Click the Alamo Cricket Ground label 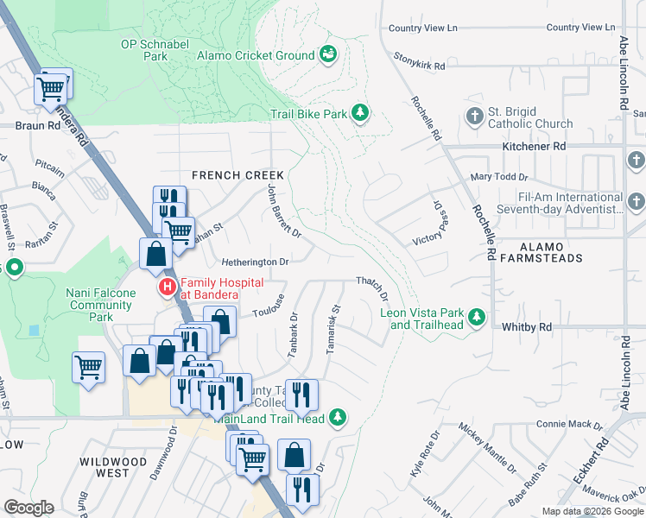(256, 55)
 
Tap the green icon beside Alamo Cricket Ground (328, 55)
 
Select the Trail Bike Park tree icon (360, 113)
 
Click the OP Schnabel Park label (143, 49)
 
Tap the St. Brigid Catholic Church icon (474, 117)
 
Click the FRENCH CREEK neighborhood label (237, 175)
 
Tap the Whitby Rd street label (526, 327)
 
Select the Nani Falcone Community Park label (101, 305)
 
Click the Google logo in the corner (28, 508)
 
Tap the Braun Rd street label (38, 125)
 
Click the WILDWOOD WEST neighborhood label (113, 467)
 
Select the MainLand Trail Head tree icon (339, 418)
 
